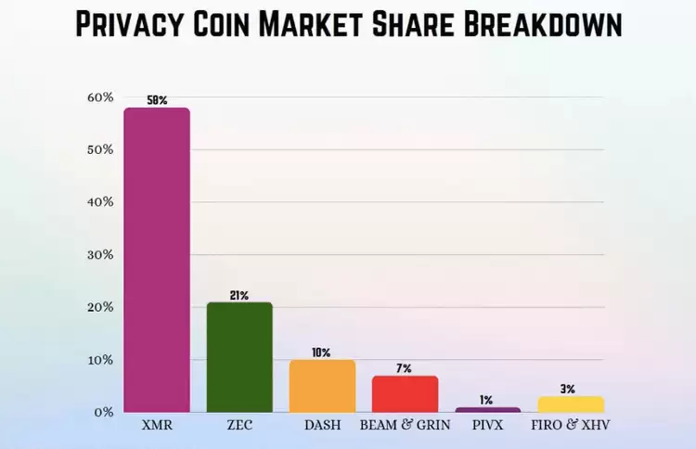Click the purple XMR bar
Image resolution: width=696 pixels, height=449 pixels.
pos(157,260)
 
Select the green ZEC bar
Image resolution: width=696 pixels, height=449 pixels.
pos(239,357)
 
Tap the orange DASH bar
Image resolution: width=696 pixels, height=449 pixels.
pos(322,386)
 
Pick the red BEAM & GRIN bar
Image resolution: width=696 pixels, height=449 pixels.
pos(405,393)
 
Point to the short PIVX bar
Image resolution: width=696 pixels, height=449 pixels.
pos(487,409)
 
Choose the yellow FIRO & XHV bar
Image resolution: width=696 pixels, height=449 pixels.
pos(570,404)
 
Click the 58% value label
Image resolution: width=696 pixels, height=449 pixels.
pos(157,100)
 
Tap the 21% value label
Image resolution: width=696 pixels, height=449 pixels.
pos(239,295)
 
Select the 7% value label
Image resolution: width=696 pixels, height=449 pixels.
pos(405,368)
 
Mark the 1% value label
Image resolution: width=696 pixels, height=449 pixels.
pos(487,400)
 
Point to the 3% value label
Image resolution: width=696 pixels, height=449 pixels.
pos(570,389)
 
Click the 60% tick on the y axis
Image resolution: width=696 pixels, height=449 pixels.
pos(100,97)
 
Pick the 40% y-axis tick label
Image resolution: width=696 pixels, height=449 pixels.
pos(100,202)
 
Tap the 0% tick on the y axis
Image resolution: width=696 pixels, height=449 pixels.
pos(104,412)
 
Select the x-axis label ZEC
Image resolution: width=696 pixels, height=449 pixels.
pos(239,426)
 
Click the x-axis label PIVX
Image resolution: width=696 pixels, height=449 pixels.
pos(487,426)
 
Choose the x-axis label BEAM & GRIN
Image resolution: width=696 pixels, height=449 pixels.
pos(405,426)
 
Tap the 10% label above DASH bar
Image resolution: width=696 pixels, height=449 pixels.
pos(322,353)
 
